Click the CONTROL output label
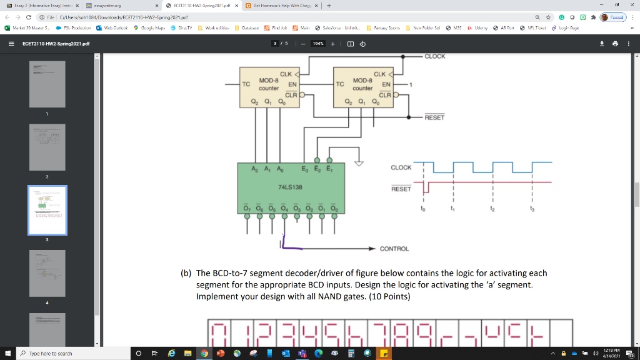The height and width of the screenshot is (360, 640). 394,249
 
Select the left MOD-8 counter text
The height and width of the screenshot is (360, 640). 269,84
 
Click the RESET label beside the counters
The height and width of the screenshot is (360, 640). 435,117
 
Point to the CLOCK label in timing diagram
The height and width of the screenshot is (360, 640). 401,167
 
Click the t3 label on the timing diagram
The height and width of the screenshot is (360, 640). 532,210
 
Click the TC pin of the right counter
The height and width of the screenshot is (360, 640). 340,84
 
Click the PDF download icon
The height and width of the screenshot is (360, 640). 602,44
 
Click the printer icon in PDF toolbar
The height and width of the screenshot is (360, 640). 616,44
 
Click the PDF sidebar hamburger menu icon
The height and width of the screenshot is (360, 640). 11,44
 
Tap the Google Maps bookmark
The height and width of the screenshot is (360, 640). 150,28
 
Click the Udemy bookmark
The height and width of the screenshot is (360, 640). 479,28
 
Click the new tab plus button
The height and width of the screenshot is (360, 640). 328,5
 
